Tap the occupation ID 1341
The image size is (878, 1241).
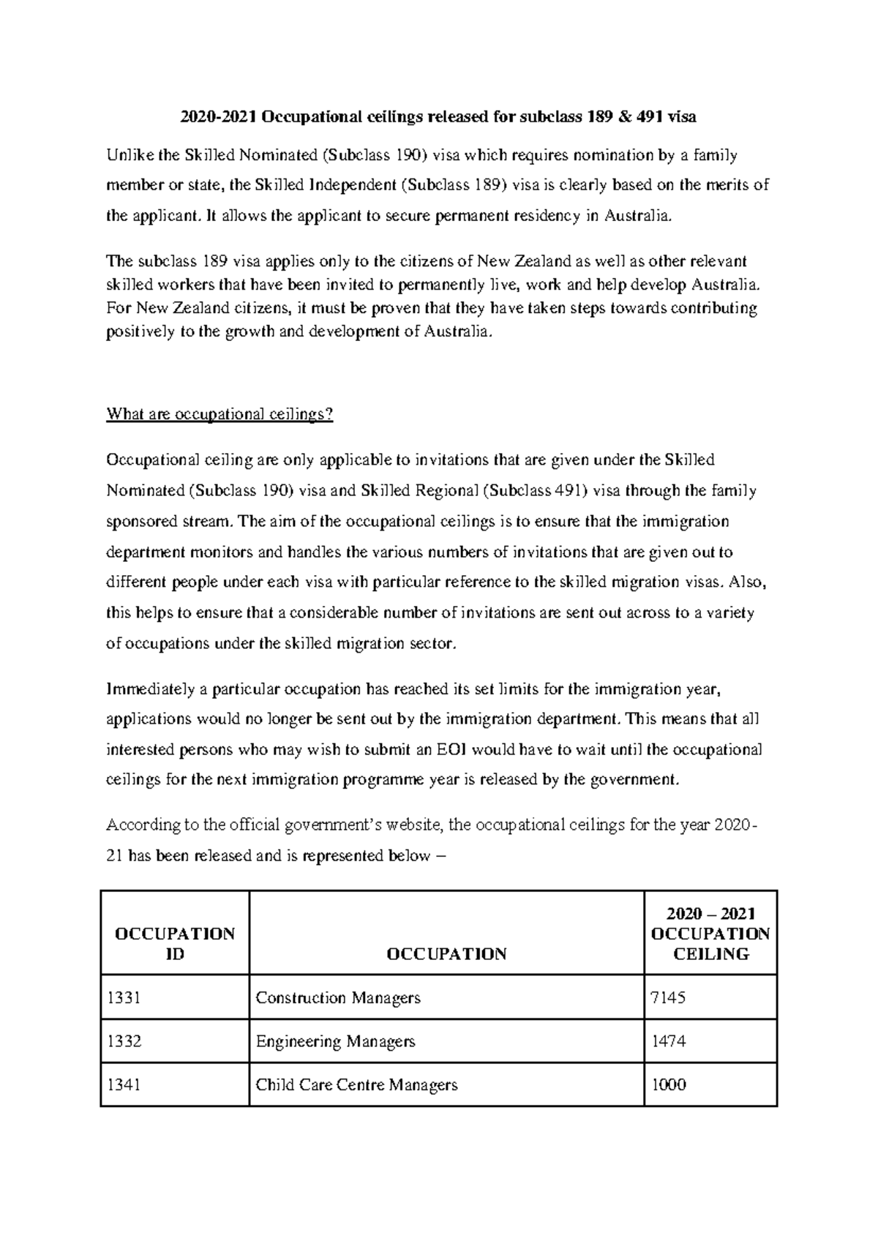tap(123, 1084)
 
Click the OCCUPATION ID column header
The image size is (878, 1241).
tap(174, 943)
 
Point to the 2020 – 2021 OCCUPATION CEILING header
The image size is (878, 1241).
tap(710, 933)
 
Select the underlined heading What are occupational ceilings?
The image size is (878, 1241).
tap(219, 414)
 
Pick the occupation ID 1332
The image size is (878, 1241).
tap(123, 1041)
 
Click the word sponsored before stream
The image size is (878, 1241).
tap(141, 522)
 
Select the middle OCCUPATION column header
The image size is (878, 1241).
tap(446, 953)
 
